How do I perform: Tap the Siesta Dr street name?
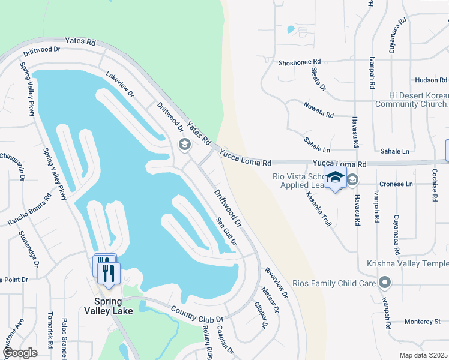coord(318,79)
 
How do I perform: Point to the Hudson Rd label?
coord(430,80)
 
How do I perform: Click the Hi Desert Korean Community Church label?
coord(410,100)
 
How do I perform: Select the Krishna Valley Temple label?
coord(408,264)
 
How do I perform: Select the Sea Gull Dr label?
coord(226,231)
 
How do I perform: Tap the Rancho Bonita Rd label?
coord(29,209)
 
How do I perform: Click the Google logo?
coord(20,353)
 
